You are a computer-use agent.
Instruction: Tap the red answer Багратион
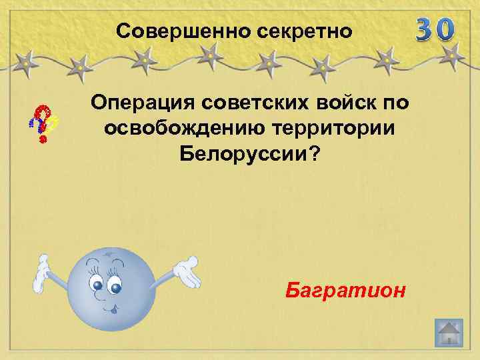pos(345,291)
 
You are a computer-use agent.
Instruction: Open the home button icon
pos(448,333)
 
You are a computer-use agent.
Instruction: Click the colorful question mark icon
pos(42,123)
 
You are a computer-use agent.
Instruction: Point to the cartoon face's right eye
pos(116,288)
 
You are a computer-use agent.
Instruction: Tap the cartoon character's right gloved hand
pos(187,270)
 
